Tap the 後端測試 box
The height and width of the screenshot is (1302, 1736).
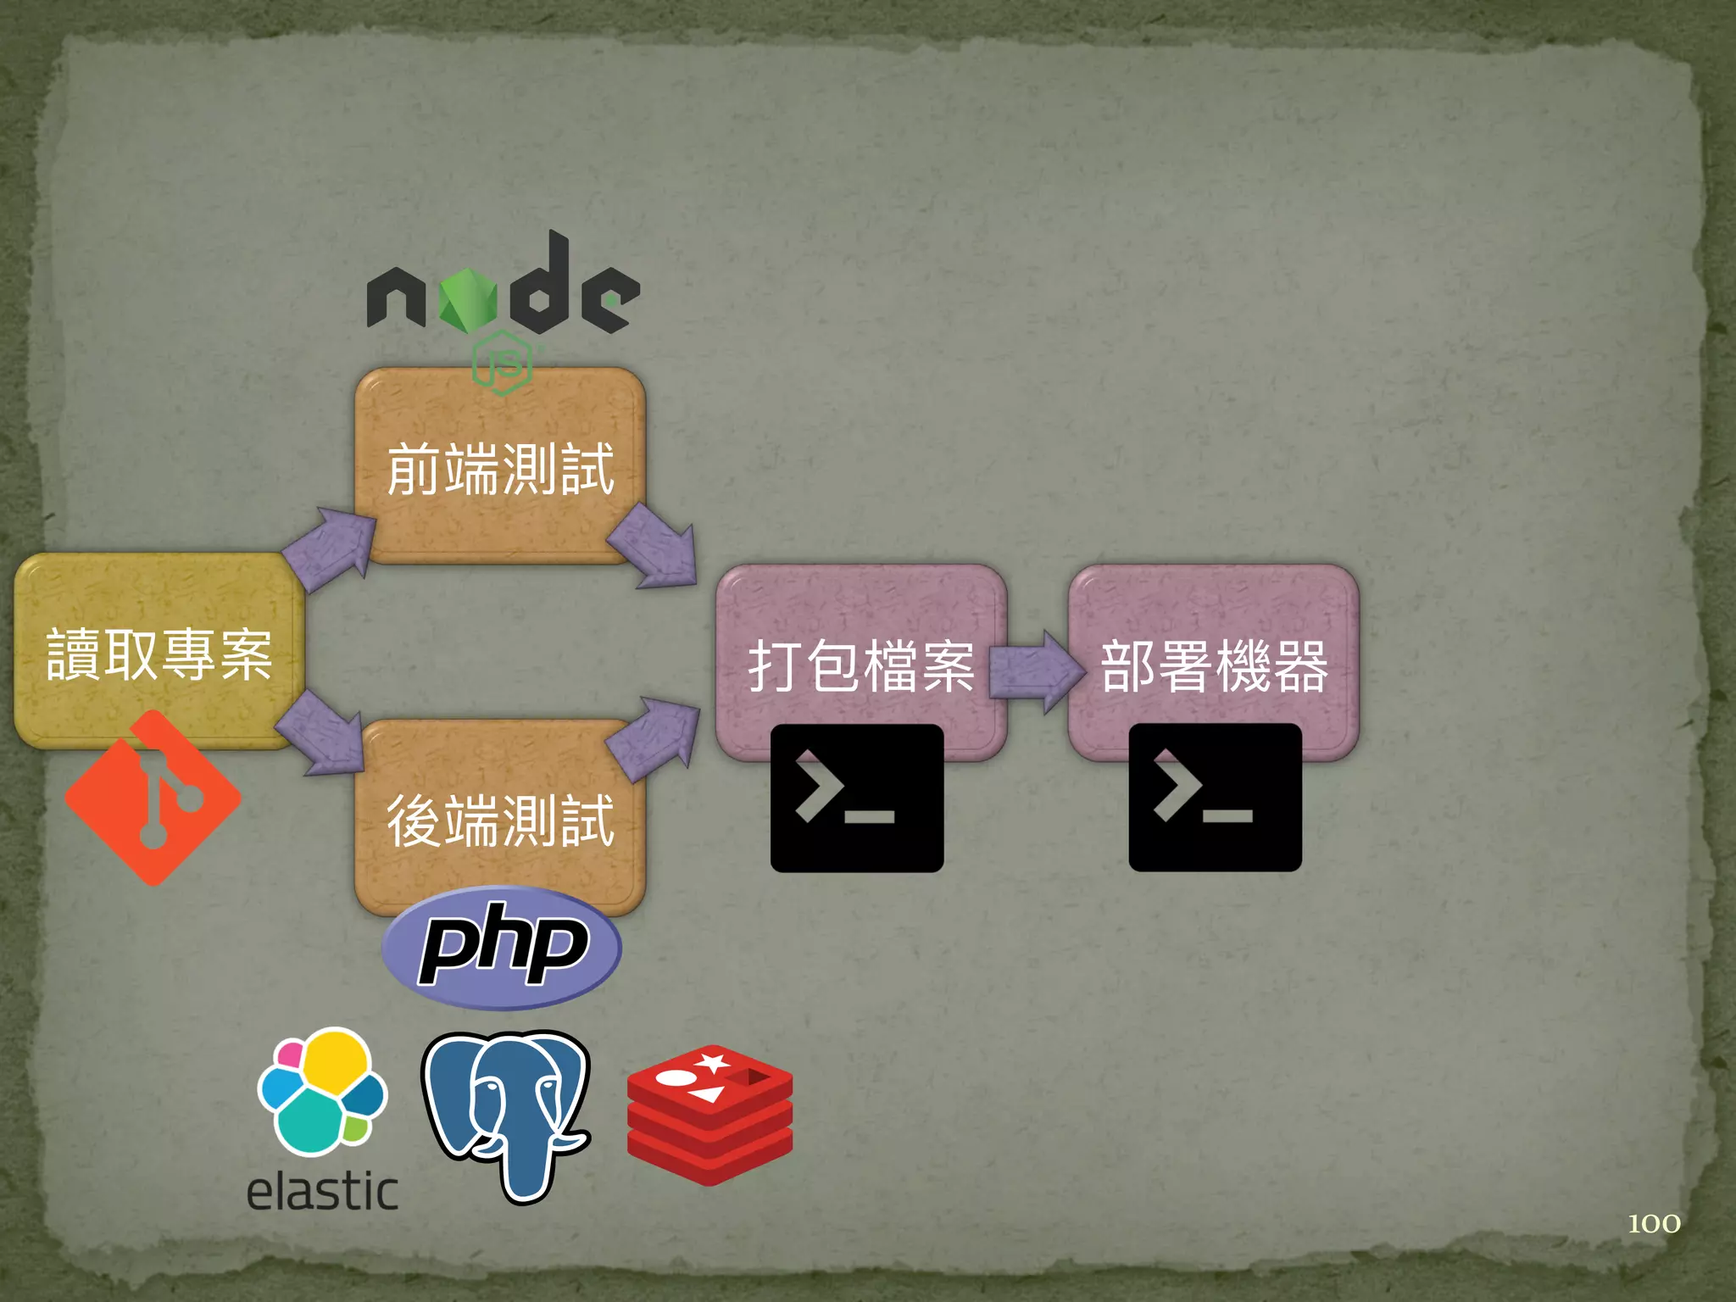pos(500,819)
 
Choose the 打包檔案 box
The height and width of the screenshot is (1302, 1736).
pos(860,665)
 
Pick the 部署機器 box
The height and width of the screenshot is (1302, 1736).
pos(1213,665)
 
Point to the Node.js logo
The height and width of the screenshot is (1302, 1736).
pos(503,297)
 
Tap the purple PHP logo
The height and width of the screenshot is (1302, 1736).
pos(502,947)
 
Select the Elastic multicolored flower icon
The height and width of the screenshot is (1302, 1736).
pos(322,1091)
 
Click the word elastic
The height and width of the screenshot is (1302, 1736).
pos(322,1191)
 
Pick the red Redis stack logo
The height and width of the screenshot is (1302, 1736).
pos(709,1114)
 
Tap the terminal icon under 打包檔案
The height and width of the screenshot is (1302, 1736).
pos(856,798)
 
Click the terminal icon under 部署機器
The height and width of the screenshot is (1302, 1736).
pos(1215,798)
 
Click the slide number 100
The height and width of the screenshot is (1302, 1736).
pos(1654,1223)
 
